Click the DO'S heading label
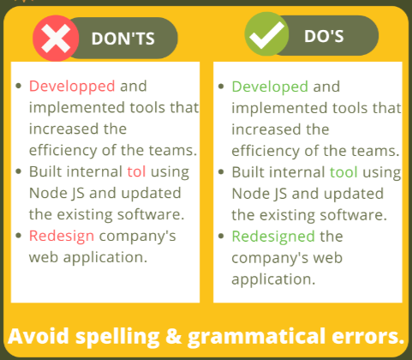pyautogui.click(x=324, y=38)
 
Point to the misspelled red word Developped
pyautogui.click(x=73, y=87)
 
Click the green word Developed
pyautogui.click(x=270, y=87)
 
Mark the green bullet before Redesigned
pyautogui.click(x=222, y=236)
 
